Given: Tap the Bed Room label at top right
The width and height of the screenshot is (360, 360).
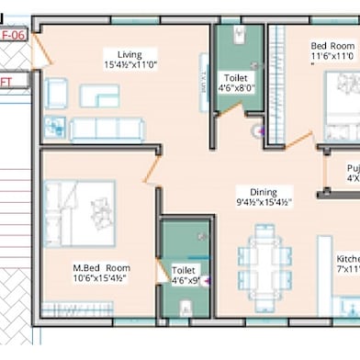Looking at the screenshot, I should (332, 45).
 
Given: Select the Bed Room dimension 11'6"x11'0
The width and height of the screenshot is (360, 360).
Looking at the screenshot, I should (332, 57).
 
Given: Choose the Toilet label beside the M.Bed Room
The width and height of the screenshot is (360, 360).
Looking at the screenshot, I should (183, 270).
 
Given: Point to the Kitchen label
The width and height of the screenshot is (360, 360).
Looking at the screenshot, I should (347, 259).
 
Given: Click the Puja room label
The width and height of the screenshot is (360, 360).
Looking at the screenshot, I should (352, 168).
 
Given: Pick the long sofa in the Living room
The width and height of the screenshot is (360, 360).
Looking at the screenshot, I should (106, 128).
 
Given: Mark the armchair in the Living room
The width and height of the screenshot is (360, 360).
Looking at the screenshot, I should (57, 93).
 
